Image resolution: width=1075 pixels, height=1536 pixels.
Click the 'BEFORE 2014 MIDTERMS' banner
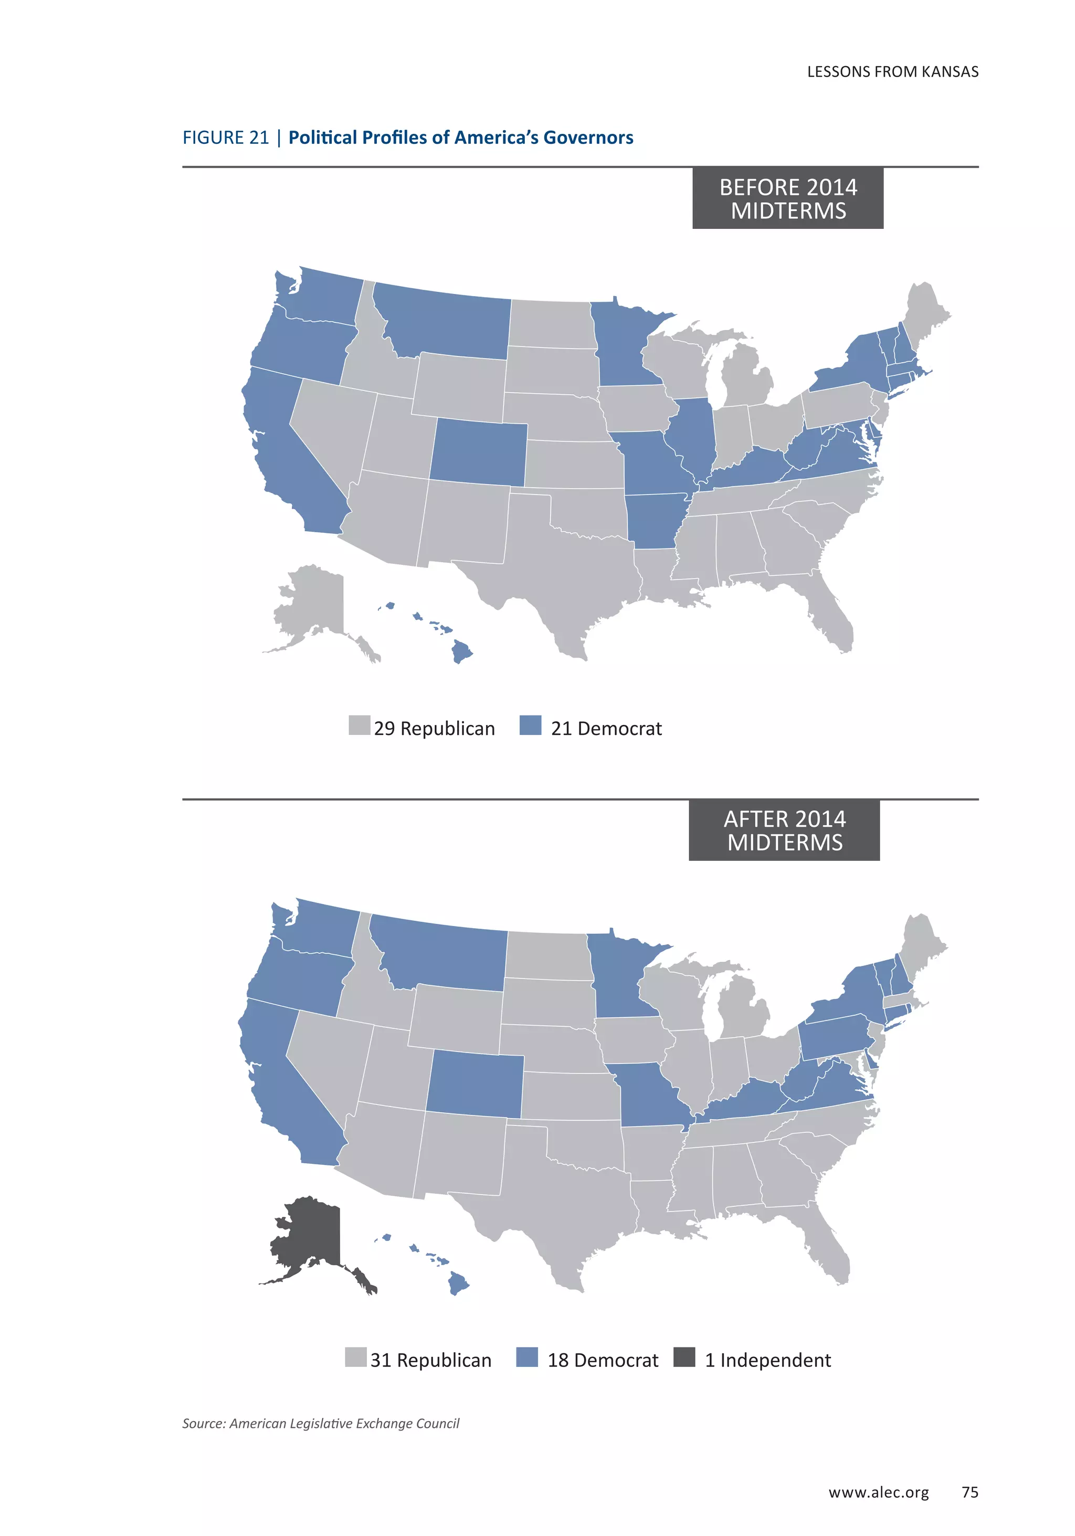(787, 198)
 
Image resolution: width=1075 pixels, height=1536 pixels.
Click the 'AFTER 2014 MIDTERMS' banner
(784, 830)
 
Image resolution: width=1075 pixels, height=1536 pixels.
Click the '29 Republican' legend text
(434, 729)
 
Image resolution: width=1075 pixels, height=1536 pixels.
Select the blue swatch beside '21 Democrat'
(530, 726)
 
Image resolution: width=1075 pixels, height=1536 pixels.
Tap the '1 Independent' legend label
(767, 1360)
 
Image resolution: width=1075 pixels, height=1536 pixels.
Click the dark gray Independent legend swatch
(683, 1358)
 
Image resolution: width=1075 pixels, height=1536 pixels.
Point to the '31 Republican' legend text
(431, 1360)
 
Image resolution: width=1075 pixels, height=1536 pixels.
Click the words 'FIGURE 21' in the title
(225, 138)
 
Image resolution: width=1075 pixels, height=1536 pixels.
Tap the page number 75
(969, 1492)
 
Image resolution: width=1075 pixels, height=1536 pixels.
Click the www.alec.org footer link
(878, 1492)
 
